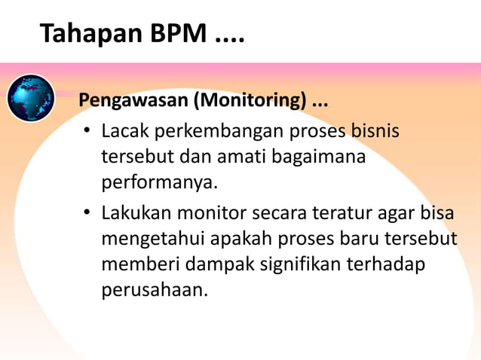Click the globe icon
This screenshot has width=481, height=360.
click(x=31, y=98)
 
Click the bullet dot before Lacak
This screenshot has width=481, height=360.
click(x=87, y=133)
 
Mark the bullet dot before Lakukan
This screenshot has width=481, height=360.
click(x=87, y=213)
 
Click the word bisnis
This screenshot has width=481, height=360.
click(x=375, y=132)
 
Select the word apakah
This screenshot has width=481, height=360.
click(x=247, y=239)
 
